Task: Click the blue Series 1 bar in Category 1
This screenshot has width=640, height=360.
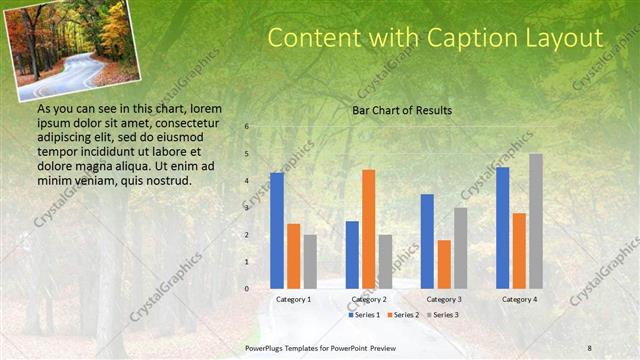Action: [277, 231]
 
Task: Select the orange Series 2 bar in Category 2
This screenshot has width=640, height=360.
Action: [368, 229]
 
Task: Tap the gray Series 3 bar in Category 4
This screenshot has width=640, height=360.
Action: [536, 221]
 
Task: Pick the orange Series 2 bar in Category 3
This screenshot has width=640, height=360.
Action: [444, 264]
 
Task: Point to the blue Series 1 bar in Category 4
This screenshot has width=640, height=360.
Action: [502, 228]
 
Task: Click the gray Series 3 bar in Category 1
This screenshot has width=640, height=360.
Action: [310, 262]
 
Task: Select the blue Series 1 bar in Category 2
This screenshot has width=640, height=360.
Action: [352, 255]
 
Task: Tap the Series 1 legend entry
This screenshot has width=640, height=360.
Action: [362, 314]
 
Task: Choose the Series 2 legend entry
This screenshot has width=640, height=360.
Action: [404, 314]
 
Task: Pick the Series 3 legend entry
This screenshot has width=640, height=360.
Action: [446, 314]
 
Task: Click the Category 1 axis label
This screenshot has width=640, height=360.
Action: [293, 299]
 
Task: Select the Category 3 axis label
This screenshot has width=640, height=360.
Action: [444, 299]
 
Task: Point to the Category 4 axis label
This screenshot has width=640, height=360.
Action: [519, 299]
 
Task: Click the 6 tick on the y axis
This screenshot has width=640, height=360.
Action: [247, 127]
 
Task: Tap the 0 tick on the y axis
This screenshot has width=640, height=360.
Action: [247, 289]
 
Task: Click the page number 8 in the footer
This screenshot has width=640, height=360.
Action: [590, 346]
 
